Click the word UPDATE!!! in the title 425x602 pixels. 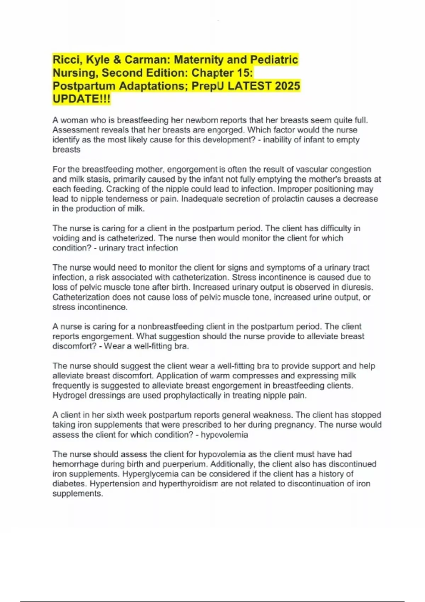click(81, 99)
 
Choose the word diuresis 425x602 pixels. click(358, 287)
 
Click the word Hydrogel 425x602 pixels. click(69, 395)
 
